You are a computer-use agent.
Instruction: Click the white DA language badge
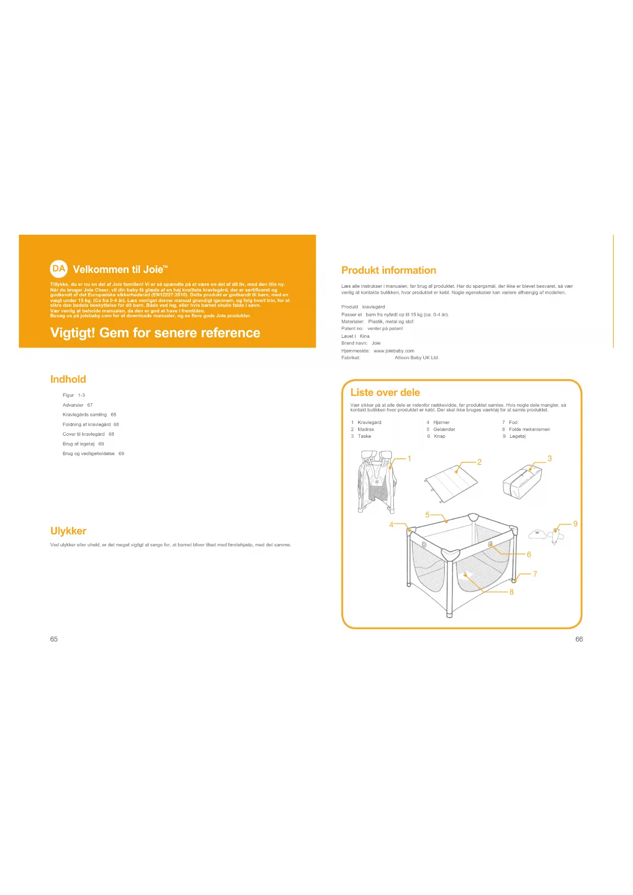(59, 268)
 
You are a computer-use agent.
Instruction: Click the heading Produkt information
(389, 270)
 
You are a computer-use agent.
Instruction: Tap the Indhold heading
(68, 379)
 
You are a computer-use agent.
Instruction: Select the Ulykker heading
(68, 531)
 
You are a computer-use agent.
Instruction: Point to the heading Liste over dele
(385, 392)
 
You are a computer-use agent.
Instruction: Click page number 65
(54, 639)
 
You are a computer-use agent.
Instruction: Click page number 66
(579, 639)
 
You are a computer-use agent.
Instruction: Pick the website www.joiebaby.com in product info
(394, 351)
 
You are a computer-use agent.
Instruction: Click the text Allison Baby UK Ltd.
(417, 358)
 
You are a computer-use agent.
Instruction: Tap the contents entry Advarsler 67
(78, 405)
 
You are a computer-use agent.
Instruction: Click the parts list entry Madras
(366, 430)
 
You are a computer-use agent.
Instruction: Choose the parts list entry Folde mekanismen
(529, 430)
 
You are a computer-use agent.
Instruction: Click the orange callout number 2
(479, 462)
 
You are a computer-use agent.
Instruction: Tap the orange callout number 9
(575, 524)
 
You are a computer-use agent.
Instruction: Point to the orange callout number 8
(512, 592)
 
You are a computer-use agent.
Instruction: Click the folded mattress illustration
(451, 482)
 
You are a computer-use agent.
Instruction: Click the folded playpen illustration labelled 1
(377, 481)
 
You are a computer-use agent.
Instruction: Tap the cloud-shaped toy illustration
(538, 534)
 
